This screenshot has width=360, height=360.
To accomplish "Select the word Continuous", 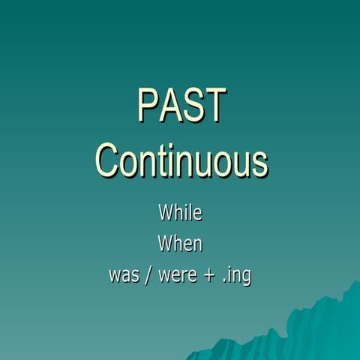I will (x=182, y=160).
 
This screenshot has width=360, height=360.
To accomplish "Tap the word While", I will (x=180, y=212).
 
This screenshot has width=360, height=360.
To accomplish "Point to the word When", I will (x=180, y=244).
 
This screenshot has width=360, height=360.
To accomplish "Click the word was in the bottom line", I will (x=123, y=275).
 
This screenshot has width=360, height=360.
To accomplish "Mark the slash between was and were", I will (x=148, y=275).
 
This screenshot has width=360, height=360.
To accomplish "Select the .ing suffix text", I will (x=236, y=276).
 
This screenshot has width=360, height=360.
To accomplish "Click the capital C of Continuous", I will (x=109, y=160).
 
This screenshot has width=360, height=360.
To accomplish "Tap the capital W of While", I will (x=166, y=212).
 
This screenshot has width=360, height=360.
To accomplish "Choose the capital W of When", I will (x=165, y=244).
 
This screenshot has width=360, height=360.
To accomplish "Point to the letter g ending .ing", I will (x=245, y=277).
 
